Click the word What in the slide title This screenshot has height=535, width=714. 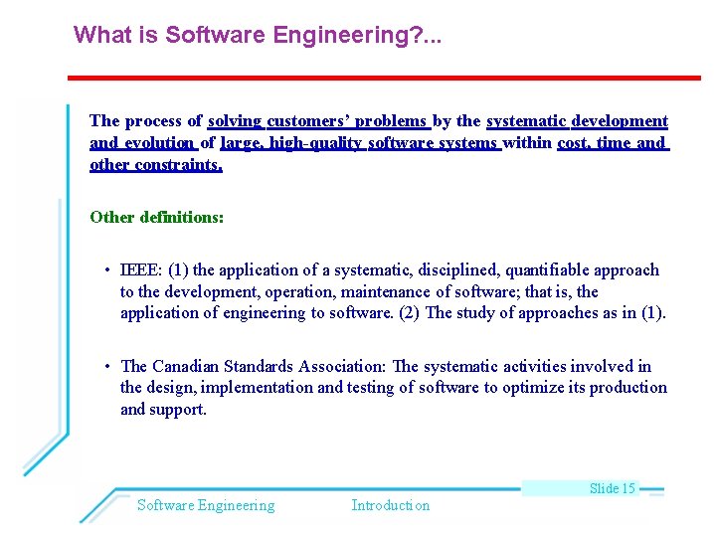98,35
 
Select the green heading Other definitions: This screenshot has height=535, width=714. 156,216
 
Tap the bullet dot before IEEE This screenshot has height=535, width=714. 106,270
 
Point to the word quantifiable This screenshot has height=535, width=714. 549,269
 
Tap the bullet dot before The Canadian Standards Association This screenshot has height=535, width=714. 106,367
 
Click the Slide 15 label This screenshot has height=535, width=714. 612,488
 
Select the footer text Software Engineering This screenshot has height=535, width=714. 206,505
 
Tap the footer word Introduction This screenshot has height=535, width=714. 391,505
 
